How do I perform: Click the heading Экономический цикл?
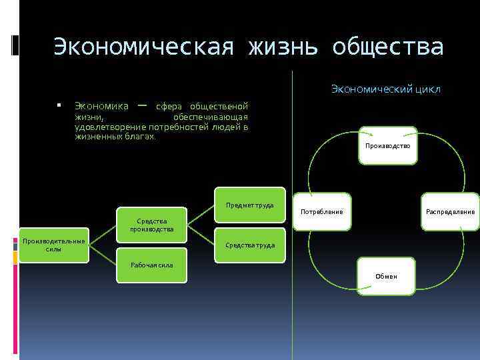[x=385, y=89]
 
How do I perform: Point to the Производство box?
[x=387, y=145]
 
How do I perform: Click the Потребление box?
[x=322, y=211]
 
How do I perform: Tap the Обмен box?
[x=386, y=275]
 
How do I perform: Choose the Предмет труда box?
[x=250, y=205]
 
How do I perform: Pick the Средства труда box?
[x=250, y=245]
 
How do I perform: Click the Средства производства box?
[x=152, y=225]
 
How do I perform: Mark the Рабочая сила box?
[x=152, y=265]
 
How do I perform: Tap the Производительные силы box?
[x=53, y=245]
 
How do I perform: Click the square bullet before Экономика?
[x=59, y=106]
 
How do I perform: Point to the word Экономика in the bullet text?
[x=101, y=106]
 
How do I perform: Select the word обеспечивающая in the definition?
[x=210, y=117]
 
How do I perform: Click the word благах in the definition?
[x=139, y=136]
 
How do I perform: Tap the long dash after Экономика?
[x=141, y=105]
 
